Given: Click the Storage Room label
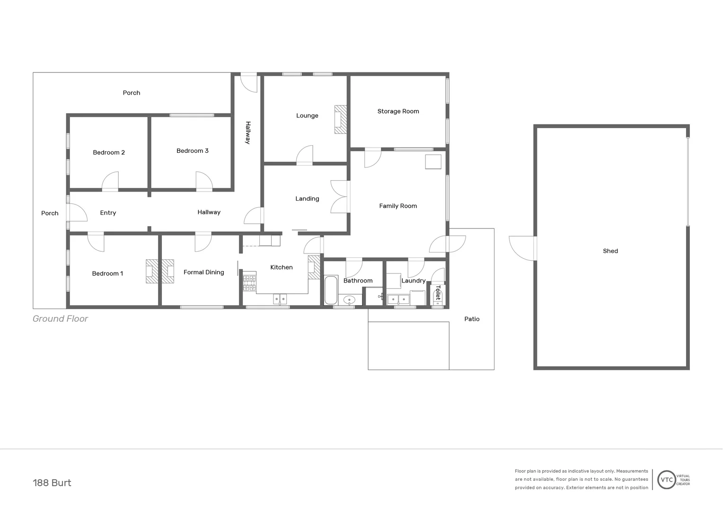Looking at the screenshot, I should click(398, 111).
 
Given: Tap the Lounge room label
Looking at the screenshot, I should click(307, 115).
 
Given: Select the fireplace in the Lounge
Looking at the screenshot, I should click(341, 119).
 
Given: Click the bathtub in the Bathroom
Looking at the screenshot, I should click(330, 290).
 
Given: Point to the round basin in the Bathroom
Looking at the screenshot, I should click(349, 300).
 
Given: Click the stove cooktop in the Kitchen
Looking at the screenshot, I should click(249, 282).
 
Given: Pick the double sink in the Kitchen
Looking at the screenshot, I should click(280, 299).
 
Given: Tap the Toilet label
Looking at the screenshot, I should click(438, 292).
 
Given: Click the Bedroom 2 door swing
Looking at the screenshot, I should click(111, 181).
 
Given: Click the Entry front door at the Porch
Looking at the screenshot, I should click(77, 212).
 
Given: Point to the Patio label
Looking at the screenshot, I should click(472, 319).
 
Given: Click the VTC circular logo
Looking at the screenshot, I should click(666, 480).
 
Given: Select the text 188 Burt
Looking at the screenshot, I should click(52, 483).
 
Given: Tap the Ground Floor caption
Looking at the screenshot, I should click(60, 318).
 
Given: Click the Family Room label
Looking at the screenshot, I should click(398, 206).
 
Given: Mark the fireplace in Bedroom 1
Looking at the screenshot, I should click(151, 271).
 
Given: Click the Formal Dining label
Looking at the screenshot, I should click(203, 272).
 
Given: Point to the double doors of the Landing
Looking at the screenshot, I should click(339, 197).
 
